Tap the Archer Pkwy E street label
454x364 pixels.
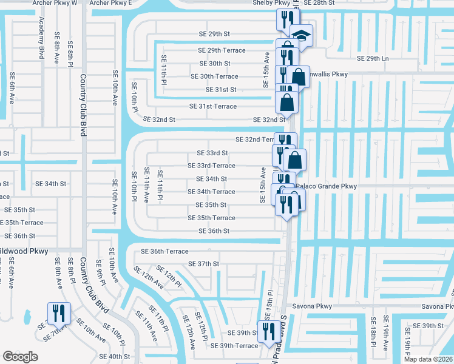[x=110, y=3]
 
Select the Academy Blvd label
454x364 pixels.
[x=42, y=37]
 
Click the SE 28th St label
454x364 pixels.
[x=319, y=3]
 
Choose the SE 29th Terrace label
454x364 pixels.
[x=222, y=50]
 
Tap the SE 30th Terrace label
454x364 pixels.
[x=214, y=76]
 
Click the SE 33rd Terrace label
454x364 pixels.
[x=211, y=166]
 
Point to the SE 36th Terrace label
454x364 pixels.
[x=165, y=251]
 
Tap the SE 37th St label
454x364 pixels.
[x=203, y=264]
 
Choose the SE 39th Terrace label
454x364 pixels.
[x=234, y=346]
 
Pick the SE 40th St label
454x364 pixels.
[x=115, y=356]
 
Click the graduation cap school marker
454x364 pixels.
[x=301, y=35]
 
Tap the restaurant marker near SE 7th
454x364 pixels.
[x=59, y=313]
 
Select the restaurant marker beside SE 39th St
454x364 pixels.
[x=266, y=331]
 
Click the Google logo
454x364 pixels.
[x=21, y=356]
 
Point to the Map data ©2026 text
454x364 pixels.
[x=429, y=359]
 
